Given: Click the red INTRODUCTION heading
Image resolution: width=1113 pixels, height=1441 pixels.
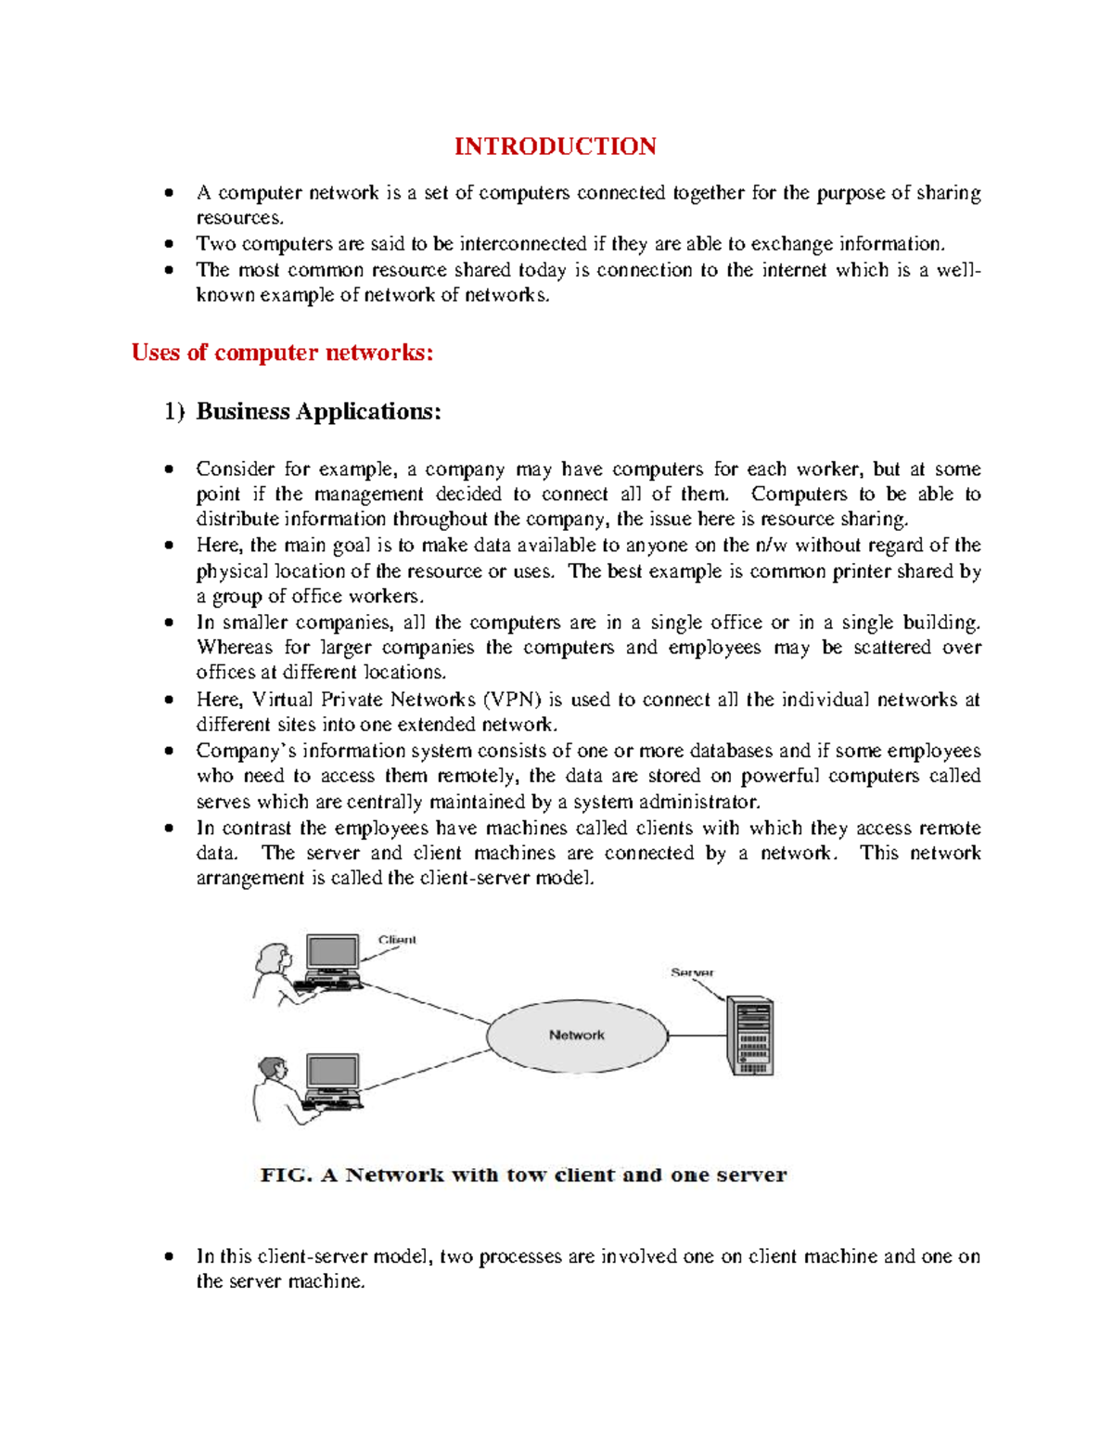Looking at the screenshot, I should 555,147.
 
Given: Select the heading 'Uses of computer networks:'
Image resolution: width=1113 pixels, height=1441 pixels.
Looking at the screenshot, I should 282,353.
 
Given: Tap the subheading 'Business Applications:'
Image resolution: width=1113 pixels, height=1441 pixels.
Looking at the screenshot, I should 318,411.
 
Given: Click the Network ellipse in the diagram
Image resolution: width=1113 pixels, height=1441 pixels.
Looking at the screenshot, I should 576,1036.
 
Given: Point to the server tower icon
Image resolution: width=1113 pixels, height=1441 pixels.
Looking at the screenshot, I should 749,1036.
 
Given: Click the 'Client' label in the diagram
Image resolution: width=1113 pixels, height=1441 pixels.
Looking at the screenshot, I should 397,940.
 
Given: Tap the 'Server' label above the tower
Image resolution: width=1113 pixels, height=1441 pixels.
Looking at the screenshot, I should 692,972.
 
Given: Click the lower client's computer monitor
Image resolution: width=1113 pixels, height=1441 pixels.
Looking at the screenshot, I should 332,1073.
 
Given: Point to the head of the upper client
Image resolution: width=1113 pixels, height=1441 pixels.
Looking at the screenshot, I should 275,957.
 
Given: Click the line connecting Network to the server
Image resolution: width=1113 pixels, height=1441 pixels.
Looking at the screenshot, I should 696,1036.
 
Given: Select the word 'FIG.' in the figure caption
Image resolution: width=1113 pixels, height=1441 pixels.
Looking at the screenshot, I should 286,1175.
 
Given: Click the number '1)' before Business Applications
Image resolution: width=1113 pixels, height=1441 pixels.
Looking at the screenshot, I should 174,411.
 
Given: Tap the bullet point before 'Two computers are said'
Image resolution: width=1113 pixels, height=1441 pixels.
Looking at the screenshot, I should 169,244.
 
